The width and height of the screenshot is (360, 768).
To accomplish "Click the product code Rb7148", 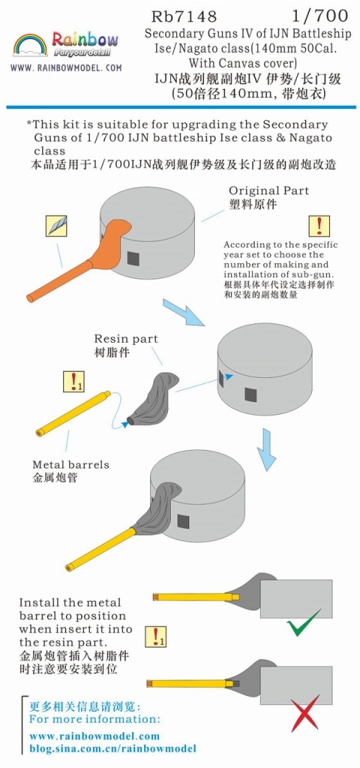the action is (x=184, y=16).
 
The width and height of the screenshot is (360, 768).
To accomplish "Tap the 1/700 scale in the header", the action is (x=320, y=16).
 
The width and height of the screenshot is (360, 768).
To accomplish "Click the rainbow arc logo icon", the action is (x=30, y=45).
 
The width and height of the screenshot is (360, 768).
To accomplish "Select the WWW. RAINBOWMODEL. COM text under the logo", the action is (x=66, y=68).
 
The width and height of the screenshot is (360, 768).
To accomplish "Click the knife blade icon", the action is (x=55, y=226).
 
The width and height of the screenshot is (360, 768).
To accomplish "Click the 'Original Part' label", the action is (x=269, y=190).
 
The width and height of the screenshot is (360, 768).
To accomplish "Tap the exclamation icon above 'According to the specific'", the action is (x=319, y=226).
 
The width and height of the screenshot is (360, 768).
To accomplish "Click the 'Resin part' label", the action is (x=126, y=338).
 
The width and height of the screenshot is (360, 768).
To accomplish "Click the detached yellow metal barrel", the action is (x=73, y=412).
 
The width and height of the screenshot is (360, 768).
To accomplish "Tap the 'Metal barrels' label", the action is (x=70, y=464).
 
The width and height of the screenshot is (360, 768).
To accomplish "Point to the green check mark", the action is (x=304, y=622).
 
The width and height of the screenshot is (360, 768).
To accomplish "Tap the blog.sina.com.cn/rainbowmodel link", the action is (x=112, y=749).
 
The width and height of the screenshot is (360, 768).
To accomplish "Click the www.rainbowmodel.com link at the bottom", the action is (x=94, y=736).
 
